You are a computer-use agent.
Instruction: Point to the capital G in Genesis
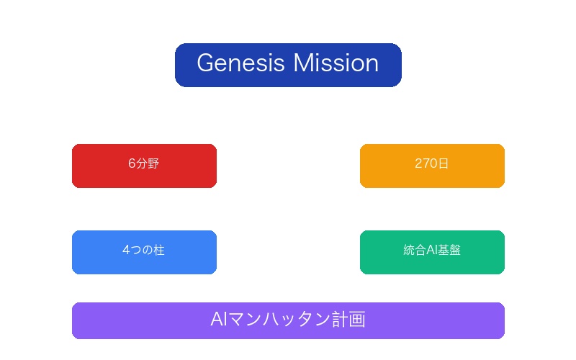pos(205,63)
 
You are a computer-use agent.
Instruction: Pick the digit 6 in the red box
pos(132,164)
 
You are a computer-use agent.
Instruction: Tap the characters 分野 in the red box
pos(148,164)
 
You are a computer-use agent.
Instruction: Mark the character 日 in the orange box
pos(444,164)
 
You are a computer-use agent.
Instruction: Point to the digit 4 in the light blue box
pos(126,251)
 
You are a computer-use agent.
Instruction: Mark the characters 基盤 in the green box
pos(450,251)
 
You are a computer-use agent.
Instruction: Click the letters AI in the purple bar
pos(219,320)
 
